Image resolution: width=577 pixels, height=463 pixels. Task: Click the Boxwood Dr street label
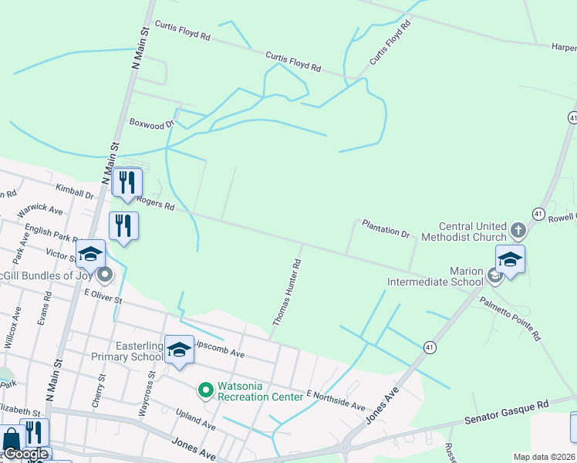[x=152, y=123]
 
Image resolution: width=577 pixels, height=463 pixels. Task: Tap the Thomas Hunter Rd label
[x=285, y=292]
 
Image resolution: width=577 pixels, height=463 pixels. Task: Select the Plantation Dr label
[x=386, y=231]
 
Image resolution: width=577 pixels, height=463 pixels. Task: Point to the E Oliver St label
[x=103, y=296]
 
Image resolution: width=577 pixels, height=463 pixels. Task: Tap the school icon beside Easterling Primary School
[x=179, y=350]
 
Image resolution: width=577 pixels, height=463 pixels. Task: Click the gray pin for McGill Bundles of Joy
[x=106, y=273]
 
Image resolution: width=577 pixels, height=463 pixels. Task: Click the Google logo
[x=26, y=454]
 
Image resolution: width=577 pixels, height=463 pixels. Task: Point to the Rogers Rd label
[x=157, y=204]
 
